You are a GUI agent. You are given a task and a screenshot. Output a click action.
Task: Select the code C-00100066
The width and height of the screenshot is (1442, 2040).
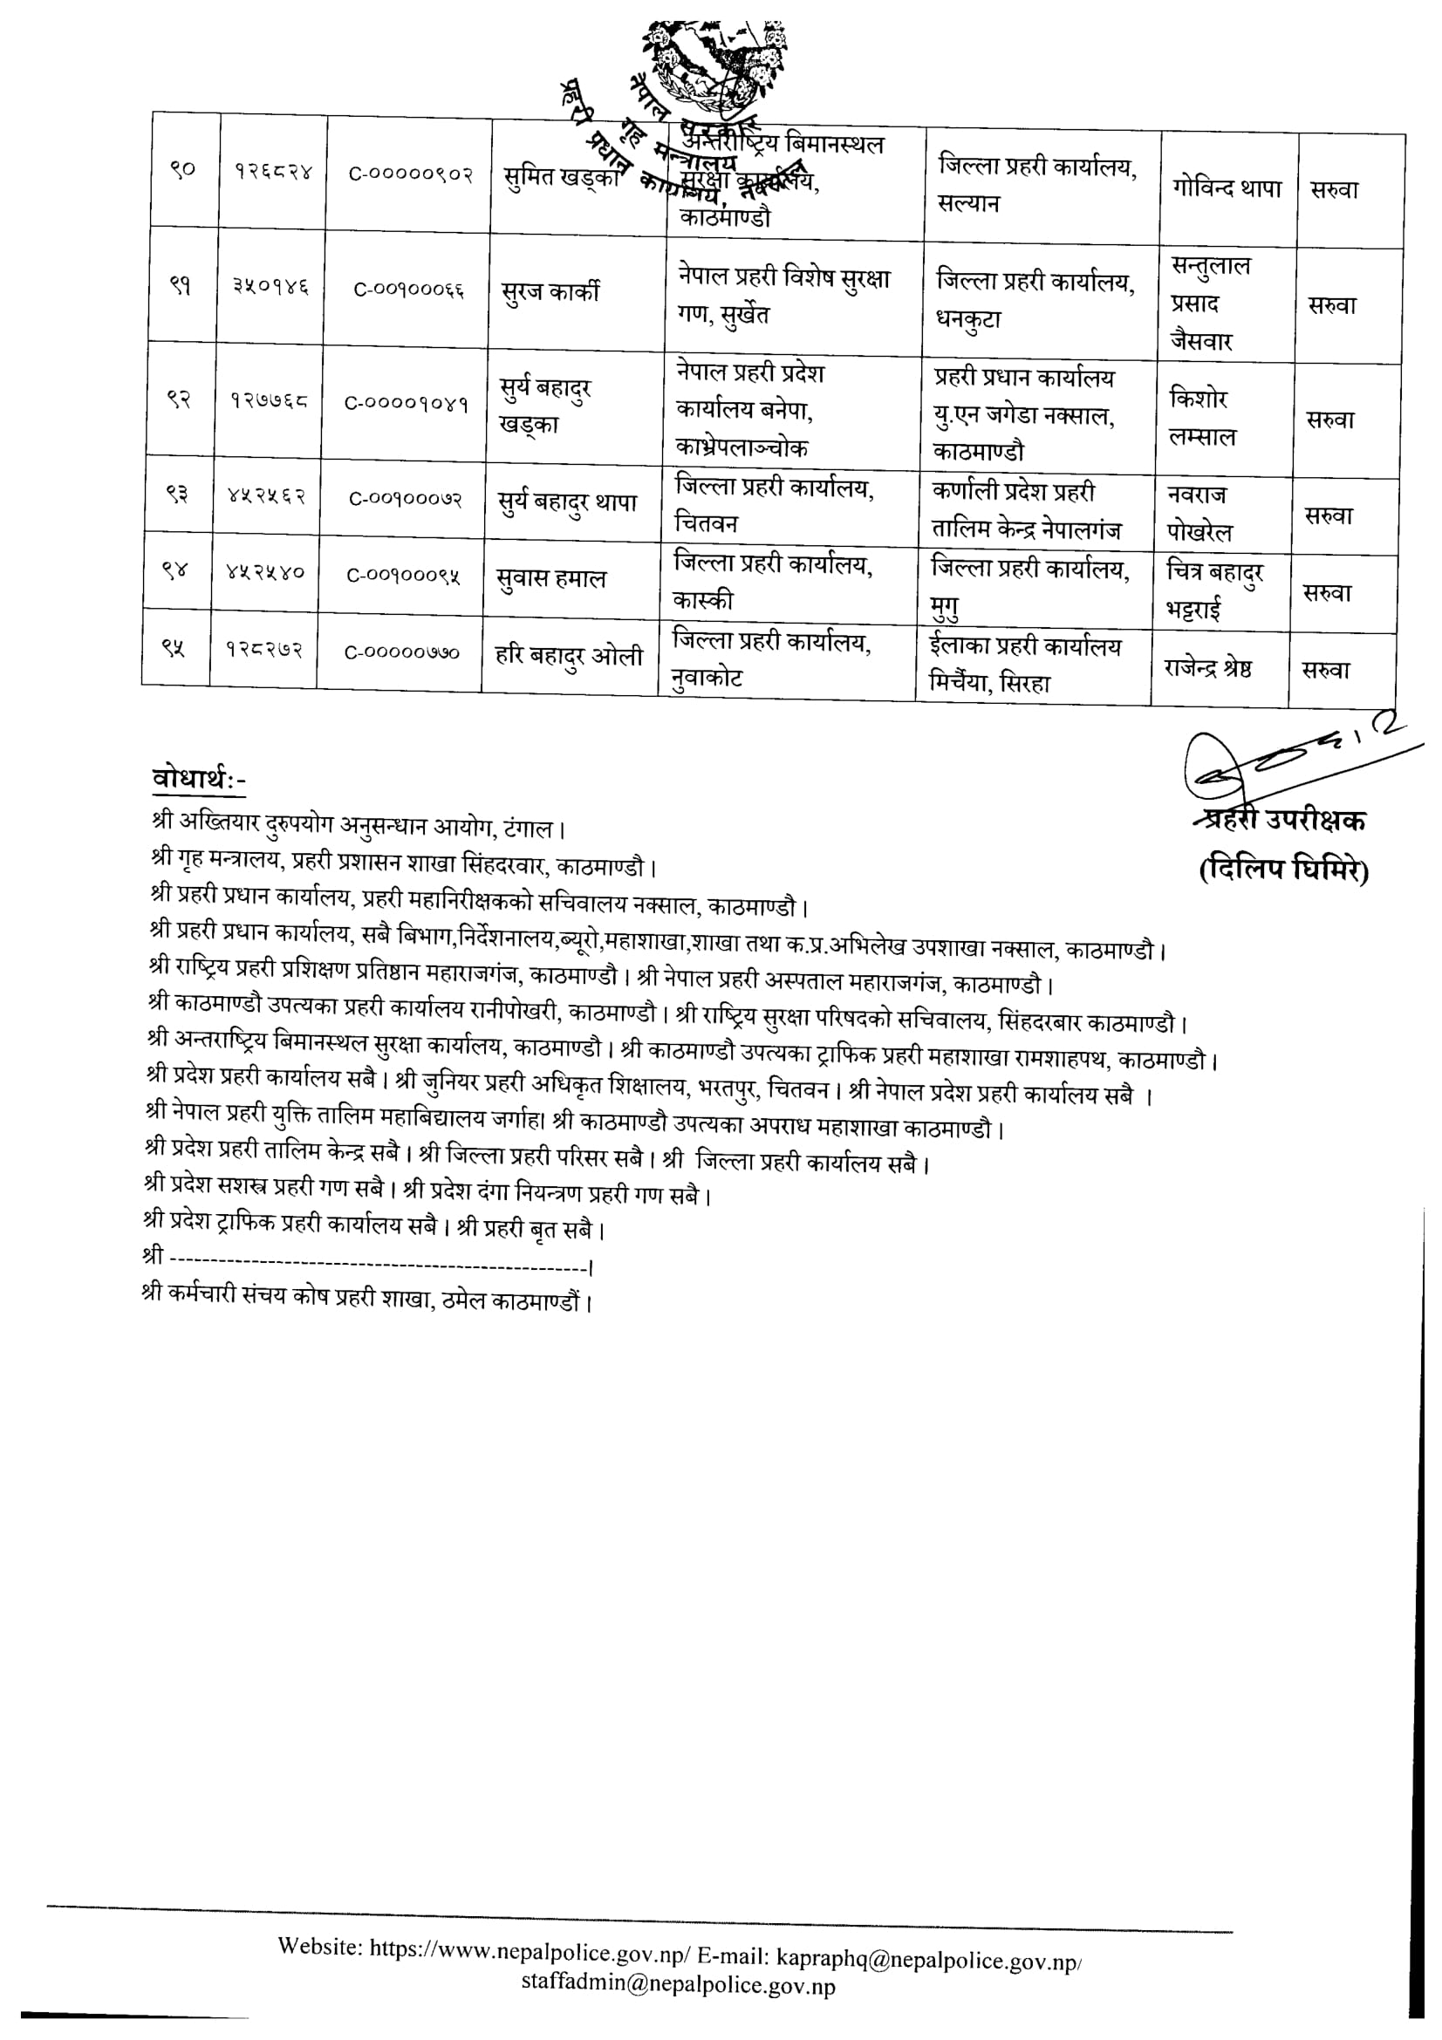pyautogui.click(x=409, y=290)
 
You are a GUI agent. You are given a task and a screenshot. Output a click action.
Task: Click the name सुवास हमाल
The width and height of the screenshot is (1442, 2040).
pyautogui.click(x=550, y=579)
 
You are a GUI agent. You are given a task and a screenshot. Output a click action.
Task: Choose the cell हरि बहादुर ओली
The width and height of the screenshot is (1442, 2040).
pyautogui.click(x=569, y=658)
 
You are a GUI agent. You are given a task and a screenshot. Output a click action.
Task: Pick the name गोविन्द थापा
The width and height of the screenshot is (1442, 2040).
pyautogui.click(x=1227, y=188)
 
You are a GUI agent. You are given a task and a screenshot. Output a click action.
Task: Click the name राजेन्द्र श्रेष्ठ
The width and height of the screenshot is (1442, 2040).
pyautogui.click(x=1208, y=668)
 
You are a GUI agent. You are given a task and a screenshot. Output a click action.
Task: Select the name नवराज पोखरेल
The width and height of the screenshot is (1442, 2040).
pyautogui.click(x=1199, y=513)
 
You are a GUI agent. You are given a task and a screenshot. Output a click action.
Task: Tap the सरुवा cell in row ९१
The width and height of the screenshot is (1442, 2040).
pyautogui.click(x=1332, y=305)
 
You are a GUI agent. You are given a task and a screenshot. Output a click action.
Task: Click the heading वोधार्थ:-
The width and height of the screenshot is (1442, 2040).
pyautogui.click(x=199, y=779)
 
